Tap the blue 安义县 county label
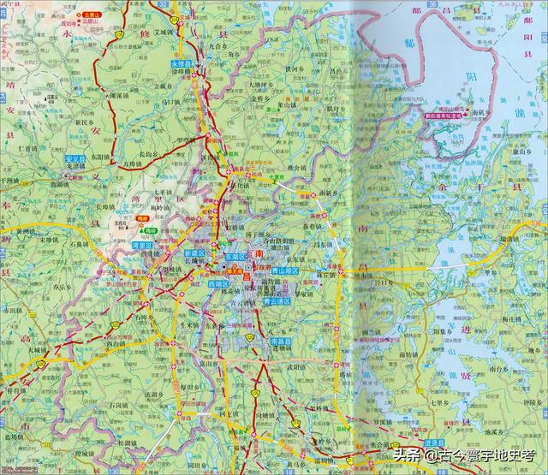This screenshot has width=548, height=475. [77, 159]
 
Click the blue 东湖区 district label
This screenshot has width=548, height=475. [235, 256]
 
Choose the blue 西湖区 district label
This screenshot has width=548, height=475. [219, 282]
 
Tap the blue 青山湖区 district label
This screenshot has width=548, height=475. [286, 270]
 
